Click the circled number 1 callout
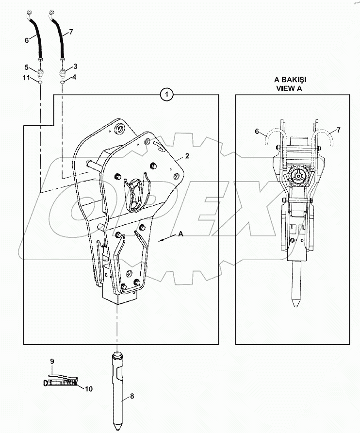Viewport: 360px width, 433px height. [x=167, y=95]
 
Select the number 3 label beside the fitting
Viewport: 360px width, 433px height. [x=75, y=66]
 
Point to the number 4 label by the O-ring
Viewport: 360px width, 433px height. [x=75, y=77]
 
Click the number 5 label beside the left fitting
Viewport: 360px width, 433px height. [x=28, y=67]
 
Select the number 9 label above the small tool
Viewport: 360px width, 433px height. [x=52, y=361]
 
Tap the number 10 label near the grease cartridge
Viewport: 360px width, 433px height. [x=89, y=388]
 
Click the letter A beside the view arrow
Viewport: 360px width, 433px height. [x=180, y=234]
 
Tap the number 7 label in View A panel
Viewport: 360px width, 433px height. [x=338, y=131]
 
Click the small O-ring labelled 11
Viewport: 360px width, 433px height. [x=40, y=83]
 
